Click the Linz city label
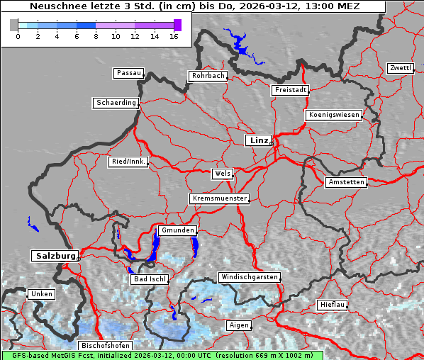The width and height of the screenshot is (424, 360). [258, 140]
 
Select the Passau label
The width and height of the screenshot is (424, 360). [128, 73]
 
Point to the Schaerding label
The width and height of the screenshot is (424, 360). [116, 103]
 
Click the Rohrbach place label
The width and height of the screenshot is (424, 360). [207, 76]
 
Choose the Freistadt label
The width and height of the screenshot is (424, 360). [290, 90]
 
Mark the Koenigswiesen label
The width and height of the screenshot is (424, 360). [333, 115]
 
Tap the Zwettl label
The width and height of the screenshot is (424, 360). [400, 68]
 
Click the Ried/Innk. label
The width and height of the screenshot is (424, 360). [128, 162]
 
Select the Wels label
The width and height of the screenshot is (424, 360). [222, 174]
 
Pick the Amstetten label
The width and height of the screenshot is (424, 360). [346, 182]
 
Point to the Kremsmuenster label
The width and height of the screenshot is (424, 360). [220, 198]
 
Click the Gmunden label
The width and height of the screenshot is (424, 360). [177, 231]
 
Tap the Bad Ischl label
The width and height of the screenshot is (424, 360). [149, 279]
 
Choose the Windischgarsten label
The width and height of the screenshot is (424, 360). [249, 277]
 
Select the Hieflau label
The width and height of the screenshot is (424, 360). [332, 305]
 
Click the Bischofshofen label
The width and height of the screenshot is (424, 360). [105, 346]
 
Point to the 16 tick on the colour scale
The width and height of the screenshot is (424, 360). [174, 35]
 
